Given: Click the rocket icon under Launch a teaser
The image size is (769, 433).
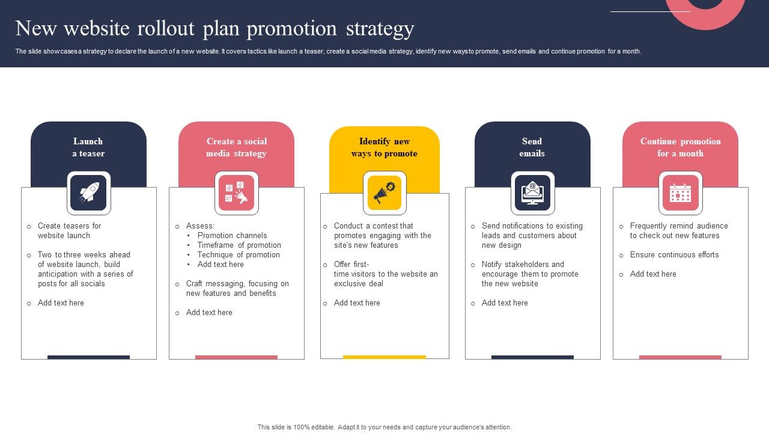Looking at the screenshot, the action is tap(89, 192).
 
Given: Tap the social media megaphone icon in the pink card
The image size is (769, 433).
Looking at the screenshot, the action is tap(236, 192).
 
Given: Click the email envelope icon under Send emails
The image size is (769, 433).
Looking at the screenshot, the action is tap(532, 192).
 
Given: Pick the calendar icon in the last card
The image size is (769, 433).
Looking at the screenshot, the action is tap(681, 193).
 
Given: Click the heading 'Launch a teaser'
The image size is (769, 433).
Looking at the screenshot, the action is tap(88, 147).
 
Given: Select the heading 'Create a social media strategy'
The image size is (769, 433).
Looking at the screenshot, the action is tap(237, 147).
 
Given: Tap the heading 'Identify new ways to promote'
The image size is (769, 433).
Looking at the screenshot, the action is tap(384, 147).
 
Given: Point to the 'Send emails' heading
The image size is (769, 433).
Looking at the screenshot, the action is tap(532, 147).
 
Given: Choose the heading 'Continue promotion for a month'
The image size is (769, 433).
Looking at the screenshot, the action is tap(681, 147).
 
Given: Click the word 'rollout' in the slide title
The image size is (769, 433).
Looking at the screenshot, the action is tap(166, 28).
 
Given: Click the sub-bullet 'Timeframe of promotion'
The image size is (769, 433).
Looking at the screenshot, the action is tap(239, 245).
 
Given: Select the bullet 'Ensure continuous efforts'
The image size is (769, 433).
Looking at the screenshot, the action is tap(674, 254).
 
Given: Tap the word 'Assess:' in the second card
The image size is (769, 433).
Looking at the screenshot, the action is tap(200, 226).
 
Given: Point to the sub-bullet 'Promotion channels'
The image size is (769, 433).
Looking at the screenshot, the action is tap(232, 235).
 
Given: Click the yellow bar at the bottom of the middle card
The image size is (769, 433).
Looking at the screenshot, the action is tap(384, 357).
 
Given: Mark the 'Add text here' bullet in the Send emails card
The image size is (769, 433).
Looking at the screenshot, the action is tap(505, 302).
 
